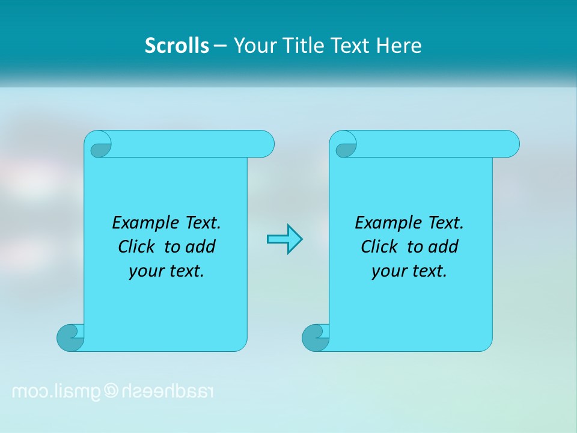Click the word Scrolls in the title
pos(177,46)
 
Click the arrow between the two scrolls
pos(284,239)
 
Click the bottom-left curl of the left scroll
pos(71,337)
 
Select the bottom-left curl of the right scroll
pos(316,337)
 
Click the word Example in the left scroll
pos(142,223)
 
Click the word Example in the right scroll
pos(385,223)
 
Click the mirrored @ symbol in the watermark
pos(112,392)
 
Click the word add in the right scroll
pos(444,247)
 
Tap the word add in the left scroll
pos(201,247)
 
